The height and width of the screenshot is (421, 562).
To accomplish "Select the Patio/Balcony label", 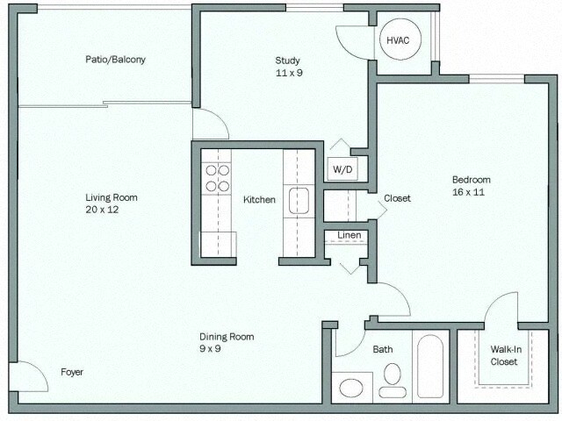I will pyautogui.click(x=115, y=60).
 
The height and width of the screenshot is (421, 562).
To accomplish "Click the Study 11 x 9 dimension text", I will pyautogui.click(x=287, y=73).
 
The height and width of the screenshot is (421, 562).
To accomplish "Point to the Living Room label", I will pyautogui.click(x=112, y=197).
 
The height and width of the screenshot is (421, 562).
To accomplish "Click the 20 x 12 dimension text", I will pyautogui.click(x=112, y=210).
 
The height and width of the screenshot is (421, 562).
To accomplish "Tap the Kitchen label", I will pyautogui.click(x=259, y=200).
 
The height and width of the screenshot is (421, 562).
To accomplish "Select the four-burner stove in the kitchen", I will pyautogui.click(x=216, y=178).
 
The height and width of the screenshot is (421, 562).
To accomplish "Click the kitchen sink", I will pyautogui.click(x=299, y=201).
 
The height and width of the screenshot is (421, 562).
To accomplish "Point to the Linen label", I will pyautogui.click(x=349, y=235).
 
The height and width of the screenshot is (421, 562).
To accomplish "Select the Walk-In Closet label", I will pyautogui.click(x=504, y=354).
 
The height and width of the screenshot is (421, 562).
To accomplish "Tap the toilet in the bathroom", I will pyautogui.click(x=392, y=379).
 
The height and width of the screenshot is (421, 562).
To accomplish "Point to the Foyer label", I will pyautogui.click(x=72, y=372).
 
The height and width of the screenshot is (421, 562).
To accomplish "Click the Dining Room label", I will pyautogui.click(x=227, y=337).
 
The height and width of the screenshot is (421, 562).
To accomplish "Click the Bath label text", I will pyautogui.click(x=383, y=349).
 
